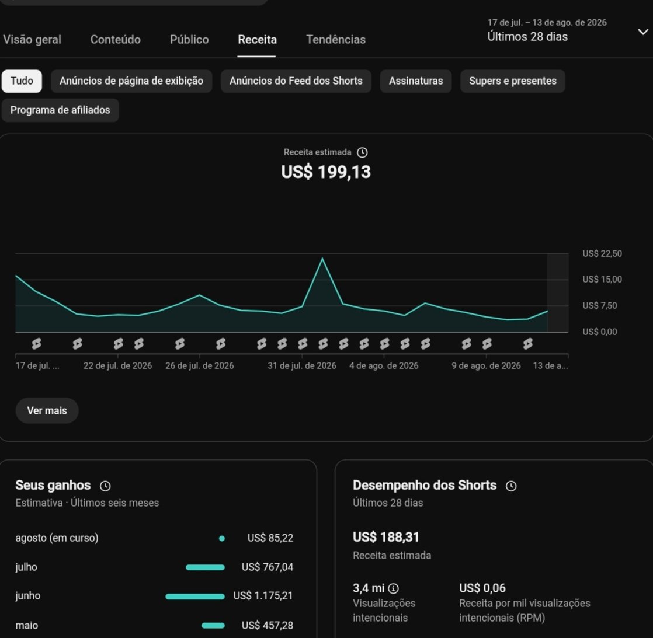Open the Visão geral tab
tap(32, 40)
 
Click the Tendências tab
tap(336, 40)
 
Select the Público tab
tap(189, 40)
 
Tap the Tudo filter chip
tap(22, 81)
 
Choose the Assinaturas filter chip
tap(416, 81)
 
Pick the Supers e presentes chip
tap(513, 81)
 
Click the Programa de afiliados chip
tap(60, 110)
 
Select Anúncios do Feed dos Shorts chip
tap(296, 81)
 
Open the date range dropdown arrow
tap(643, 32)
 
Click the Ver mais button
tap(47, 411)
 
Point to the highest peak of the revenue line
tap(322, 259)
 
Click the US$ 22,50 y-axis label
tap(602, 253)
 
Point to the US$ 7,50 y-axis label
tap(600, 305)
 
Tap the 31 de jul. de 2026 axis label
tap(301, 366)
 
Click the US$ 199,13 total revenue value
tap(326, 172)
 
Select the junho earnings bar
tap(195, 597)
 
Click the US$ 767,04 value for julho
tap(268, 567)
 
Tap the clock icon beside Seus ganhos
tap(105, 486)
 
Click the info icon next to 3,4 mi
tap(393, 588)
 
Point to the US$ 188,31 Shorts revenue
tap(385, 537)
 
